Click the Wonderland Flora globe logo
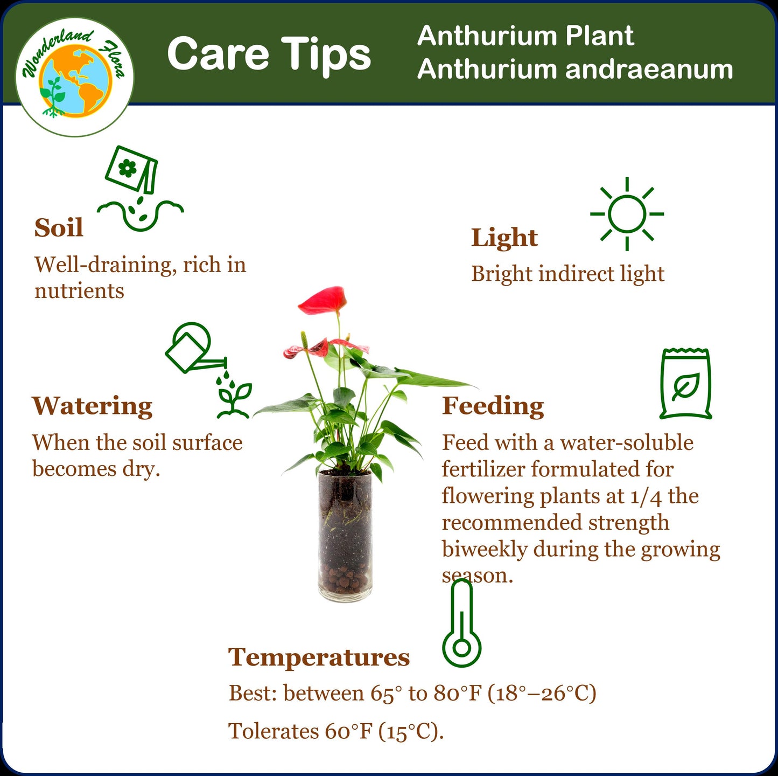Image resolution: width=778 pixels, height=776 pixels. click(74, 77)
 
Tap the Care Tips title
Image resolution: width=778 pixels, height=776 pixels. click(269, 54)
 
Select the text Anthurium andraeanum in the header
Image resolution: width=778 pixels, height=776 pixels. click(574, 70)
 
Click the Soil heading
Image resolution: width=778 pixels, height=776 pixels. click(59, 227)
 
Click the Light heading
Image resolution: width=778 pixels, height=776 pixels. click(504, 238)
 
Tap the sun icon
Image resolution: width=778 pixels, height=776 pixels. click(627, 214)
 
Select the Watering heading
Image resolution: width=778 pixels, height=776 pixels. click(92, 406)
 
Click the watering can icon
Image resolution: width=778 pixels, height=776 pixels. click(191, 349)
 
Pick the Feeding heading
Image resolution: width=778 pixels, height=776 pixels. click(493, 406)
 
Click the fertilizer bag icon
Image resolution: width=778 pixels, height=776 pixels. click(685, 383)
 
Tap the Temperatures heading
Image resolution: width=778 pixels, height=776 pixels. click(319, 657)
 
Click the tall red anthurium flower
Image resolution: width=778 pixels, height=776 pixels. click(324, 300)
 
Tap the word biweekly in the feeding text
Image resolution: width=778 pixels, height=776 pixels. click(485, 549)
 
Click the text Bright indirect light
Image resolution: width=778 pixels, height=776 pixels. click(567, 274)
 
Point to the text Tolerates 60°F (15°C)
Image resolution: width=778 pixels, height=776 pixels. click(336, 732)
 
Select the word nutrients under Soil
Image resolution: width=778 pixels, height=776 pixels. click(79, 291)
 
